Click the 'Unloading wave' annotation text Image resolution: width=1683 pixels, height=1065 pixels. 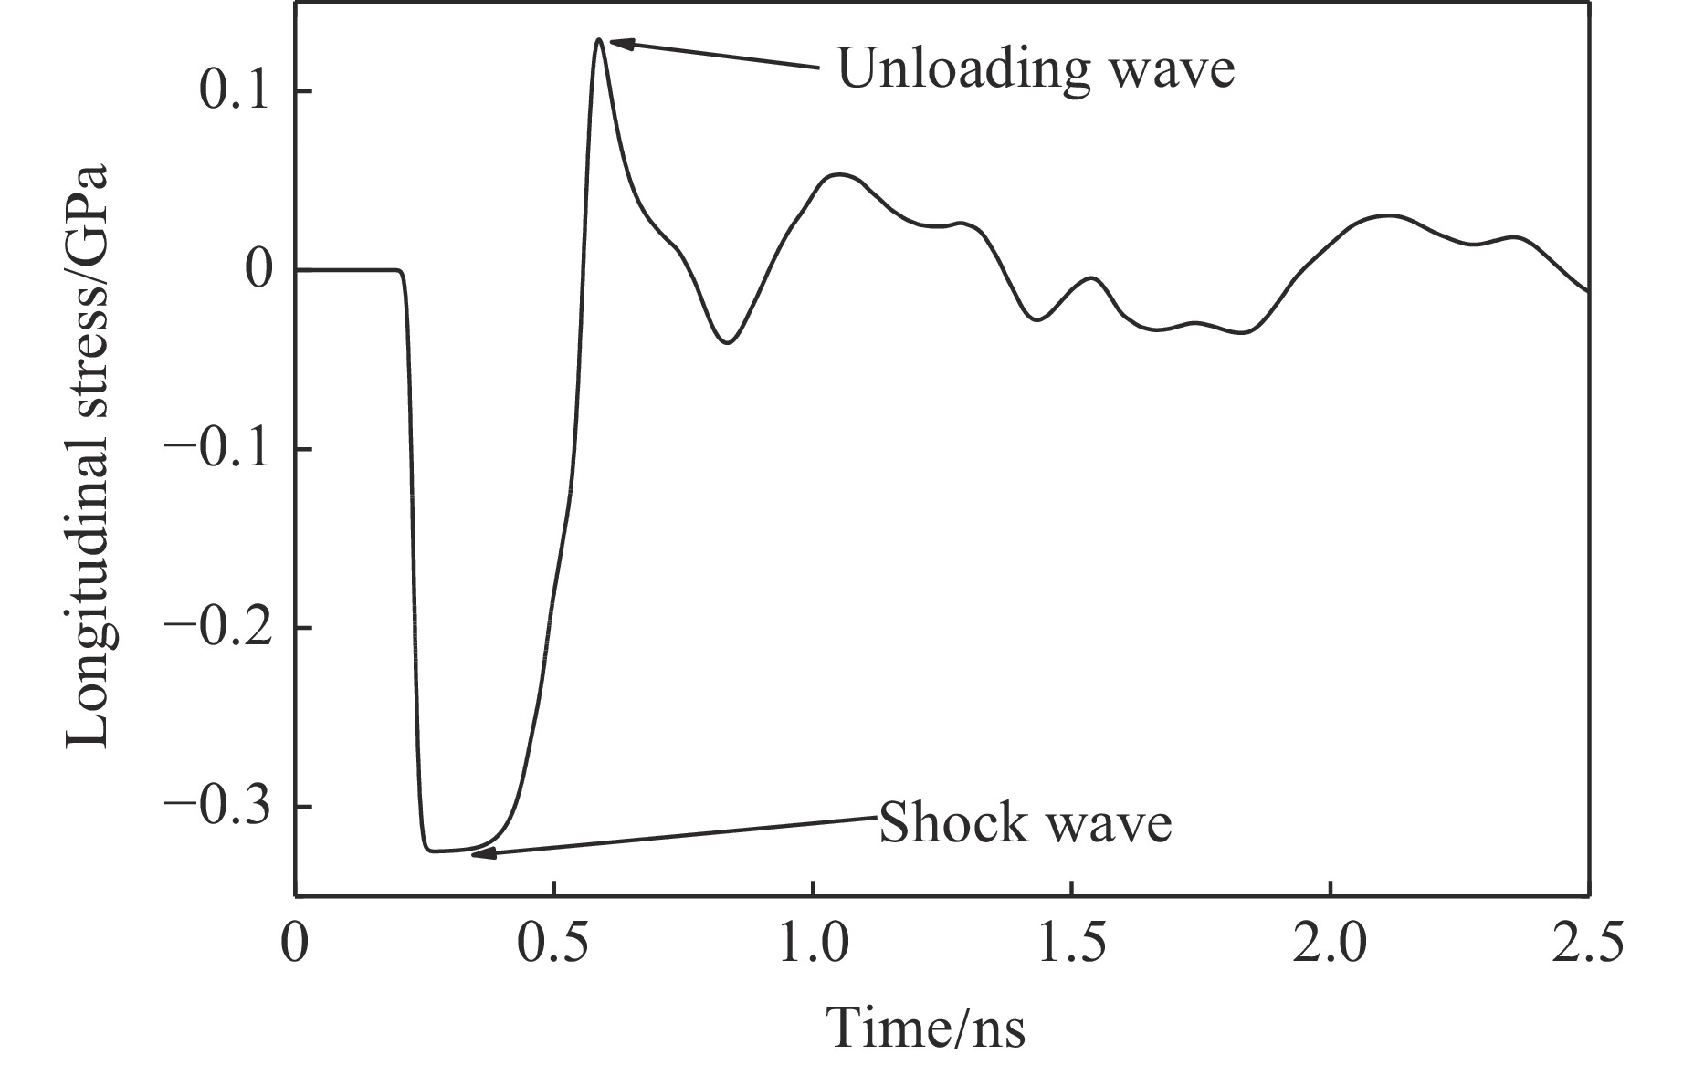point(1036,68)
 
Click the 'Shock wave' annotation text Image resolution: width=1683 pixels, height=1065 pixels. point(1025,823)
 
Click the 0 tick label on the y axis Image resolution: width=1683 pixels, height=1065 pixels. point(259,271)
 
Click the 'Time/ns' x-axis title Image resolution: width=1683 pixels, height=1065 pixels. point(926,1028)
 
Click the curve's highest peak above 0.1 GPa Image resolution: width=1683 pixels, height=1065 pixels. point(599,40)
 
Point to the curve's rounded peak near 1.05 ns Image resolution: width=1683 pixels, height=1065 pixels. point(838,174)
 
